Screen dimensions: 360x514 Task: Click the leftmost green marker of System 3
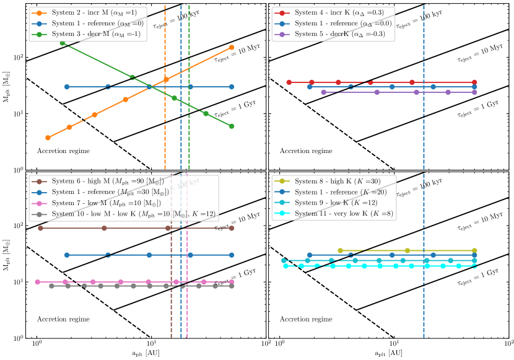click(x=63, y=43)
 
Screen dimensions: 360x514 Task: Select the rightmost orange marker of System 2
click(x=232, y=47)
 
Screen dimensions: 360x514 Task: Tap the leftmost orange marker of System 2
click(x=48, y=138)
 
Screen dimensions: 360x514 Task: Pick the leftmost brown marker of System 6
click(x=40, y=228)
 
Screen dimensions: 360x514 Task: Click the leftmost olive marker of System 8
click(x=340, y=250)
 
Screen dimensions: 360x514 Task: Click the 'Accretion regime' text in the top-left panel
click(x=63, y=151)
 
